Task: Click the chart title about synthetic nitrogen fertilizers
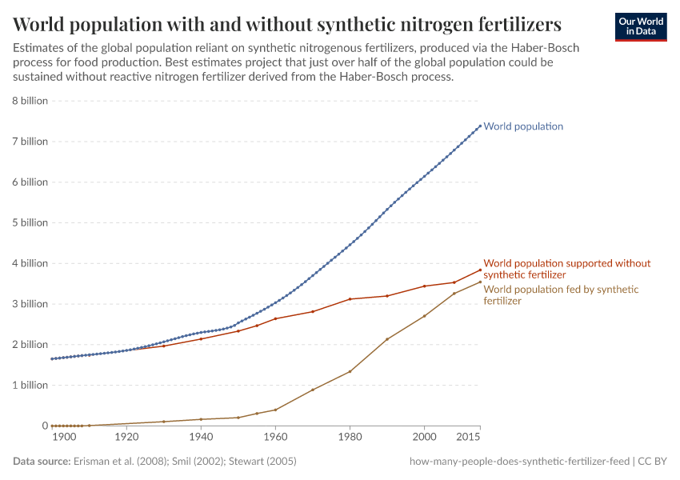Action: tap(286, 22)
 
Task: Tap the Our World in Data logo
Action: tap(640, 26)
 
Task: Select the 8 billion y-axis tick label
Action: tap(30, 101)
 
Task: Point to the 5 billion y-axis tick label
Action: tap(30, 222)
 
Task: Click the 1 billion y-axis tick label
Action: tap(30, 385)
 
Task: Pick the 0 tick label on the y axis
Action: tap(45, 426)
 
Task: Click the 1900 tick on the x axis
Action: tap(64, 438)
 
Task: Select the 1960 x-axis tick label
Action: tap(275, 438)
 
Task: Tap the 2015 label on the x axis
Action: tap(468, 438)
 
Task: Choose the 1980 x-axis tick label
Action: tap(350, 438)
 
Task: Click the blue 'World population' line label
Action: tap(523, 126)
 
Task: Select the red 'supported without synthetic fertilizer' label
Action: tap(566, 269)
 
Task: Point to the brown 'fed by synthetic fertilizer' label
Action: tap(561, 295)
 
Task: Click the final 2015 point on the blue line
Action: tap(480, 126)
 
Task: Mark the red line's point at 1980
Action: tap(350, 299)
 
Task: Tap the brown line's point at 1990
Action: tap(387, 339)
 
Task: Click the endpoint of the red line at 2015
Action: tap(480, 270)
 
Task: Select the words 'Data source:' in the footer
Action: tap(42, 462)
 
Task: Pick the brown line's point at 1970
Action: tap(313, 390)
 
